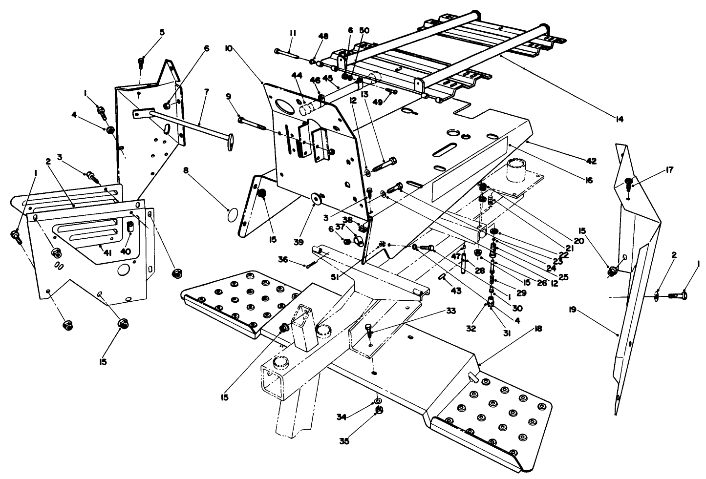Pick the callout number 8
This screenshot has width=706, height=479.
[186, 170]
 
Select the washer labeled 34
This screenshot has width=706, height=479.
[378, 401]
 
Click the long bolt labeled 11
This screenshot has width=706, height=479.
[289, 51]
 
